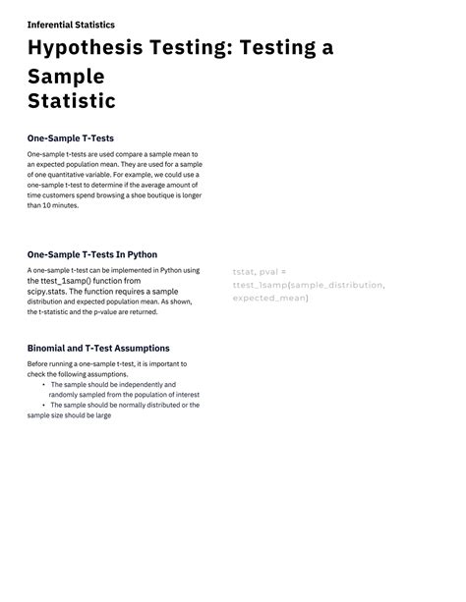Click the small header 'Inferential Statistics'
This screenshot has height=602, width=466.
click(71, 25)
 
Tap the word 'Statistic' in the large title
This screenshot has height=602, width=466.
click(72, 101)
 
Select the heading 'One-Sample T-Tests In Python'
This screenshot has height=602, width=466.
click(92, 254)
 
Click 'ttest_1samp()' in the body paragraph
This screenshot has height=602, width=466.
click(74, 281)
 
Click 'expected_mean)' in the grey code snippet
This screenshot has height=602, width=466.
click(270, 298)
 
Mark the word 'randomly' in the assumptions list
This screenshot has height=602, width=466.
click(66, 395)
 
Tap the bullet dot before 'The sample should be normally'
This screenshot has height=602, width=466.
click(43, 405)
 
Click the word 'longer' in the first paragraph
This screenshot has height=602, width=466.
click(191, 195)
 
